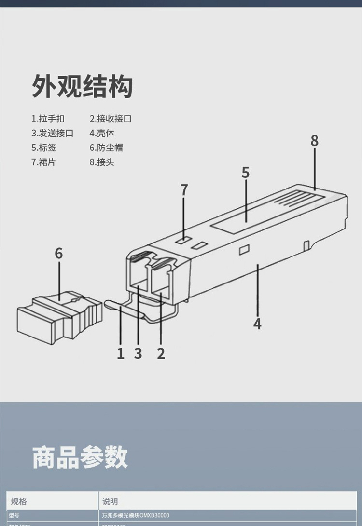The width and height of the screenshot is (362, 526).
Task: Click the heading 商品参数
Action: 80,458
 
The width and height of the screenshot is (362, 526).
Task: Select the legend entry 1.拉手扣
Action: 48,119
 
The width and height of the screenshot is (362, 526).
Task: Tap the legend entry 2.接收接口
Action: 111,119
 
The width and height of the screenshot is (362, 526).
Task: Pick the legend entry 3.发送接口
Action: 53,133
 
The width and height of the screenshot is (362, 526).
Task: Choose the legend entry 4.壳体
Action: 102,133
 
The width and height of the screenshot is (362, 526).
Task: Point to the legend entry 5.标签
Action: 44,148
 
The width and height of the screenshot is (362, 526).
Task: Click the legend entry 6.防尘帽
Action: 106,148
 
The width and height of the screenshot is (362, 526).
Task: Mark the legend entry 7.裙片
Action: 43,162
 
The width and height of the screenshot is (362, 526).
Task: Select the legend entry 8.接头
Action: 102,162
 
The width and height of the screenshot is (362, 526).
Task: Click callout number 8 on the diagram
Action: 315,141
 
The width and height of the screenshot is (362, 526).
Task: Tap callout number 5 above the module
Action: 246,173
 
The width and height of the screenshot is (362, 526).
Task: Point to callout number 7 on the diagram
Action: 184,190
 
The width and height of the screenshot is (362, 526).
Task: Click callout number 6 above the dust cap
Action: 58,254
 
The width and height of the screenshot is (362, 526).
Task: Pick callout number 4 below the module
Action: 257,324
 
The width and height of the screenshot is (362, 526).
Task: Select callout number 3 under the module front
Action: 138,353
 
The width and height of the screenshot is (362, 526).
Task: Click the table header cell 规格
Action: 19,501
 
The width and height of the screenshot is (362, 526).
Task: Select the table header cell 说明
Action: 110,501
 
